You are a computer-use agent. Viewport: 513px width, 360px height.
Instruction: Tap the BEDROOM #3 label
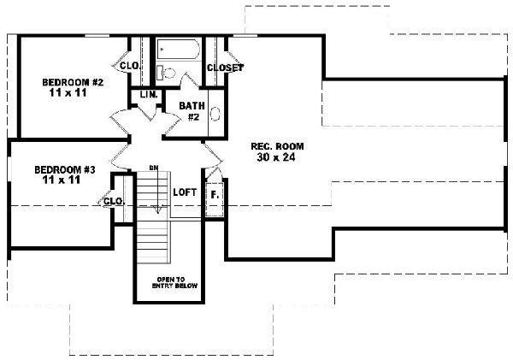[65, 170]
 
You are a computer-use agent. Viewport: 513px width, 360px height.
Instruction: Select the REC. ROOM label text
[277, 146]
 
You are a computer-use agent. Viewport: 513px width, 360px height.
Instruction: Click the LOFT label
[185, 193]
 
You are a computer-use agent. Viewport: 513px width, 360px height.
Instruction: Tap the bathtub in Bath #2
[176, 50]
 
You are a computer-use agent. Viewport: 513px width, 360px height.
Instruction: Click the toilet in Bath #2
[168, 73]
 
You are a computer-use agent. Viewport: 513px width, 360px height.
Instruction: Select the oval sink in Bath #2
[215, 112]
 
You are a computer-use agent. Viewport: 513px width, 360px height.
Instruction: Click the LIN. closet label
[145, 95]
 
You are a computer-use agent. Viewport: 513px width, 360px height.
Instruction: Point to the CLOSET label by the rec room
[225, 68]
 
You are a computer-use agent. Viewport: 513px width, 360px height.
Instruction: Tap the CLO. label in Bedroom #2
[130, 65]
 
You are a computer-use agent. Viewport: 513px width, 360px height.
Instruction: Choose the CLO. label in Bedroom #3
[114, 202]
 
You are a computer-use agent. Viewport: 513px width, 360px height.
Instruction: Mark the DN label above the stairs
[154, 168]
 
